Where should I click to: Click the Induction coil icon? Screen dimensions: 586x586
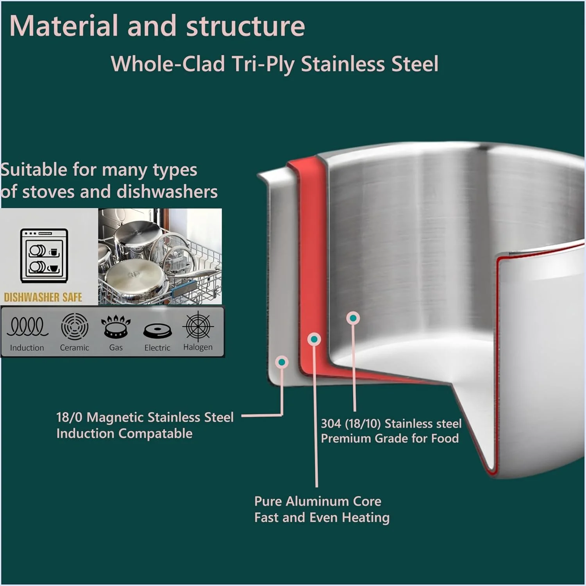pyautogui.click(x=27, y=327)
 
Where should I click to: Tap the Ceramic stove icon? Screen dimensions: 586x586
pyautogui.click(x=75, y=327)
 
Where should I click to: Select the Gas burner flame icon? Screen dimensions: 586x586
pyautogui.click(x=115, y=327)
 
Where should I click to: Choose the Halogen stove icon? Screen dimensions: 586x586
pyautogui.click(x=198, y=326)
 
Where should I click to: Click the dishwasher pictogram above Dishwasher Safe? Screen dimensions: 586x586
pyautogui.click(x=44, y=255)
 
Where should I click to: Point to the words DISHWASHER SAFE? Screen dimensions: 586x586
pyautogui.click(x=43, y=297)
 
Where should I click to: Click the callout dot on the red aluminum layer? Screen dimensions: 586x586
pyautogui.click(x=314, y=339)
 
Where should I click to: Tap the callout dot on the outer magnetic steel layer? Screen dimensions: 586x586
pyautogui.click(x=282, y=362)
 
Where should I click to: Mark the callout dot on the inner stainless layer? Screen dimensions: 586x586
pyautogui.click(x=353, y=318)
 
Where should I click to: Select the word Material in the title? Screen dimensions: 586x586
pyautogui.click(x=64, y=26)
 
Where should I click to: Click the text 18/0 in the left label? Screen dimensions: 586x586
pyautogui.click(x=69, y=417)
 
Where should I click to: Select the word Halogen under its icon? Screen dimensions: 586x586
pyautogui.click(x=198, y=347)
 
